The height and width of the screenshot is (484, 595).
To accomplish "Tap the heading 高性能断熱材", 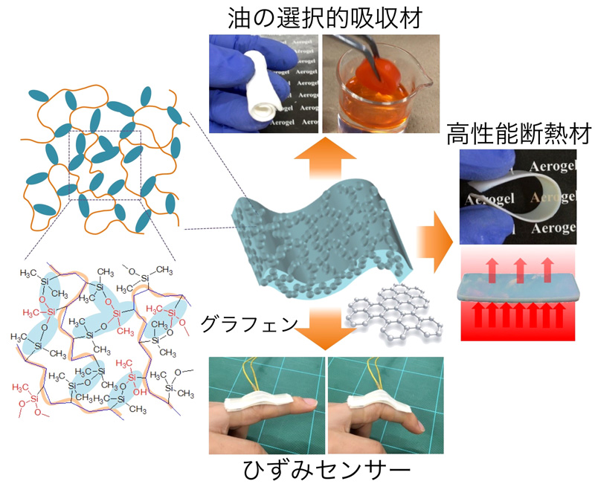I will click(x=518, y=135).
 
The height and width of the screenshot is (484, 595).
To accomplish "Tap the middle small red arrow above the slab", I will click(x=519, y=264).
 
